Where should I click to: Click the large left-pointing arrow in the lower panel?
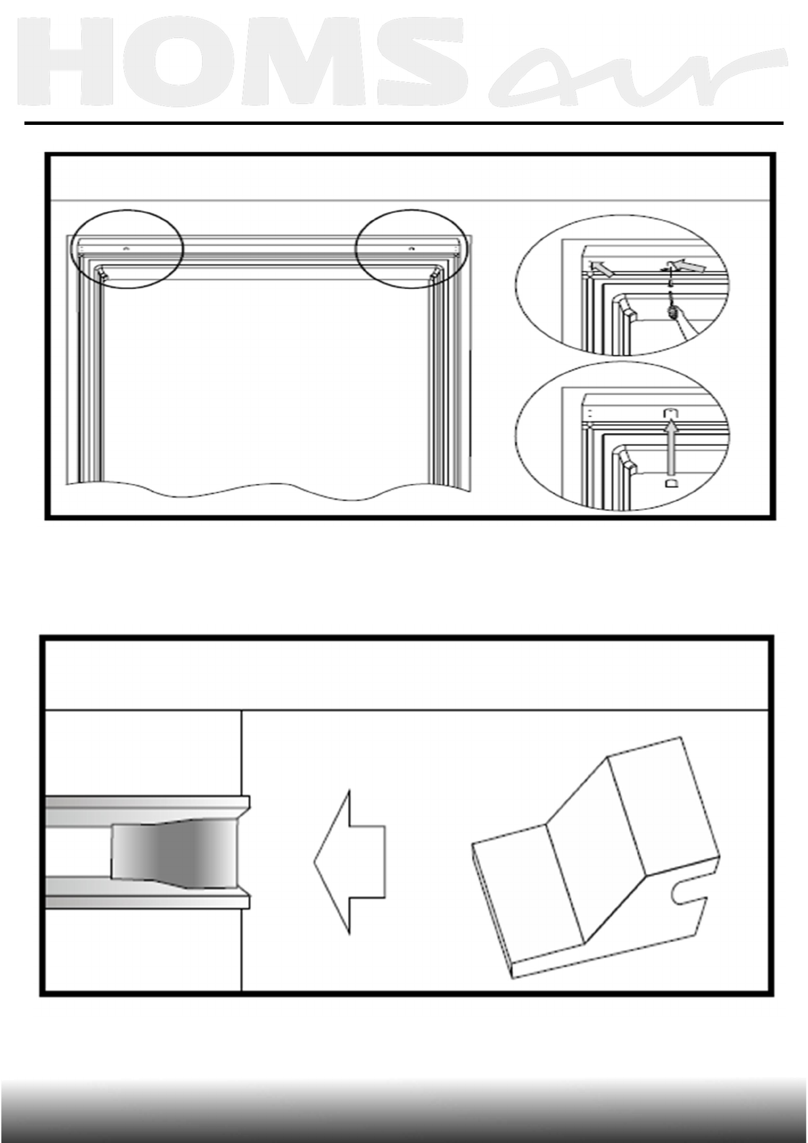click(349, 862)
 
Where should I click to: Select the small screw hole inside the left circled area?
click(125, 249)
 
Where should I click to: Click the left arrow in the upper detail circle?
click(602, 269)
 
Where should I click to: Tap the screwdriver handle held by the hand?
click(672, 313)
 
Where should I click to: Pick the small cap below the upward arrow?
click(670, 483)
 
